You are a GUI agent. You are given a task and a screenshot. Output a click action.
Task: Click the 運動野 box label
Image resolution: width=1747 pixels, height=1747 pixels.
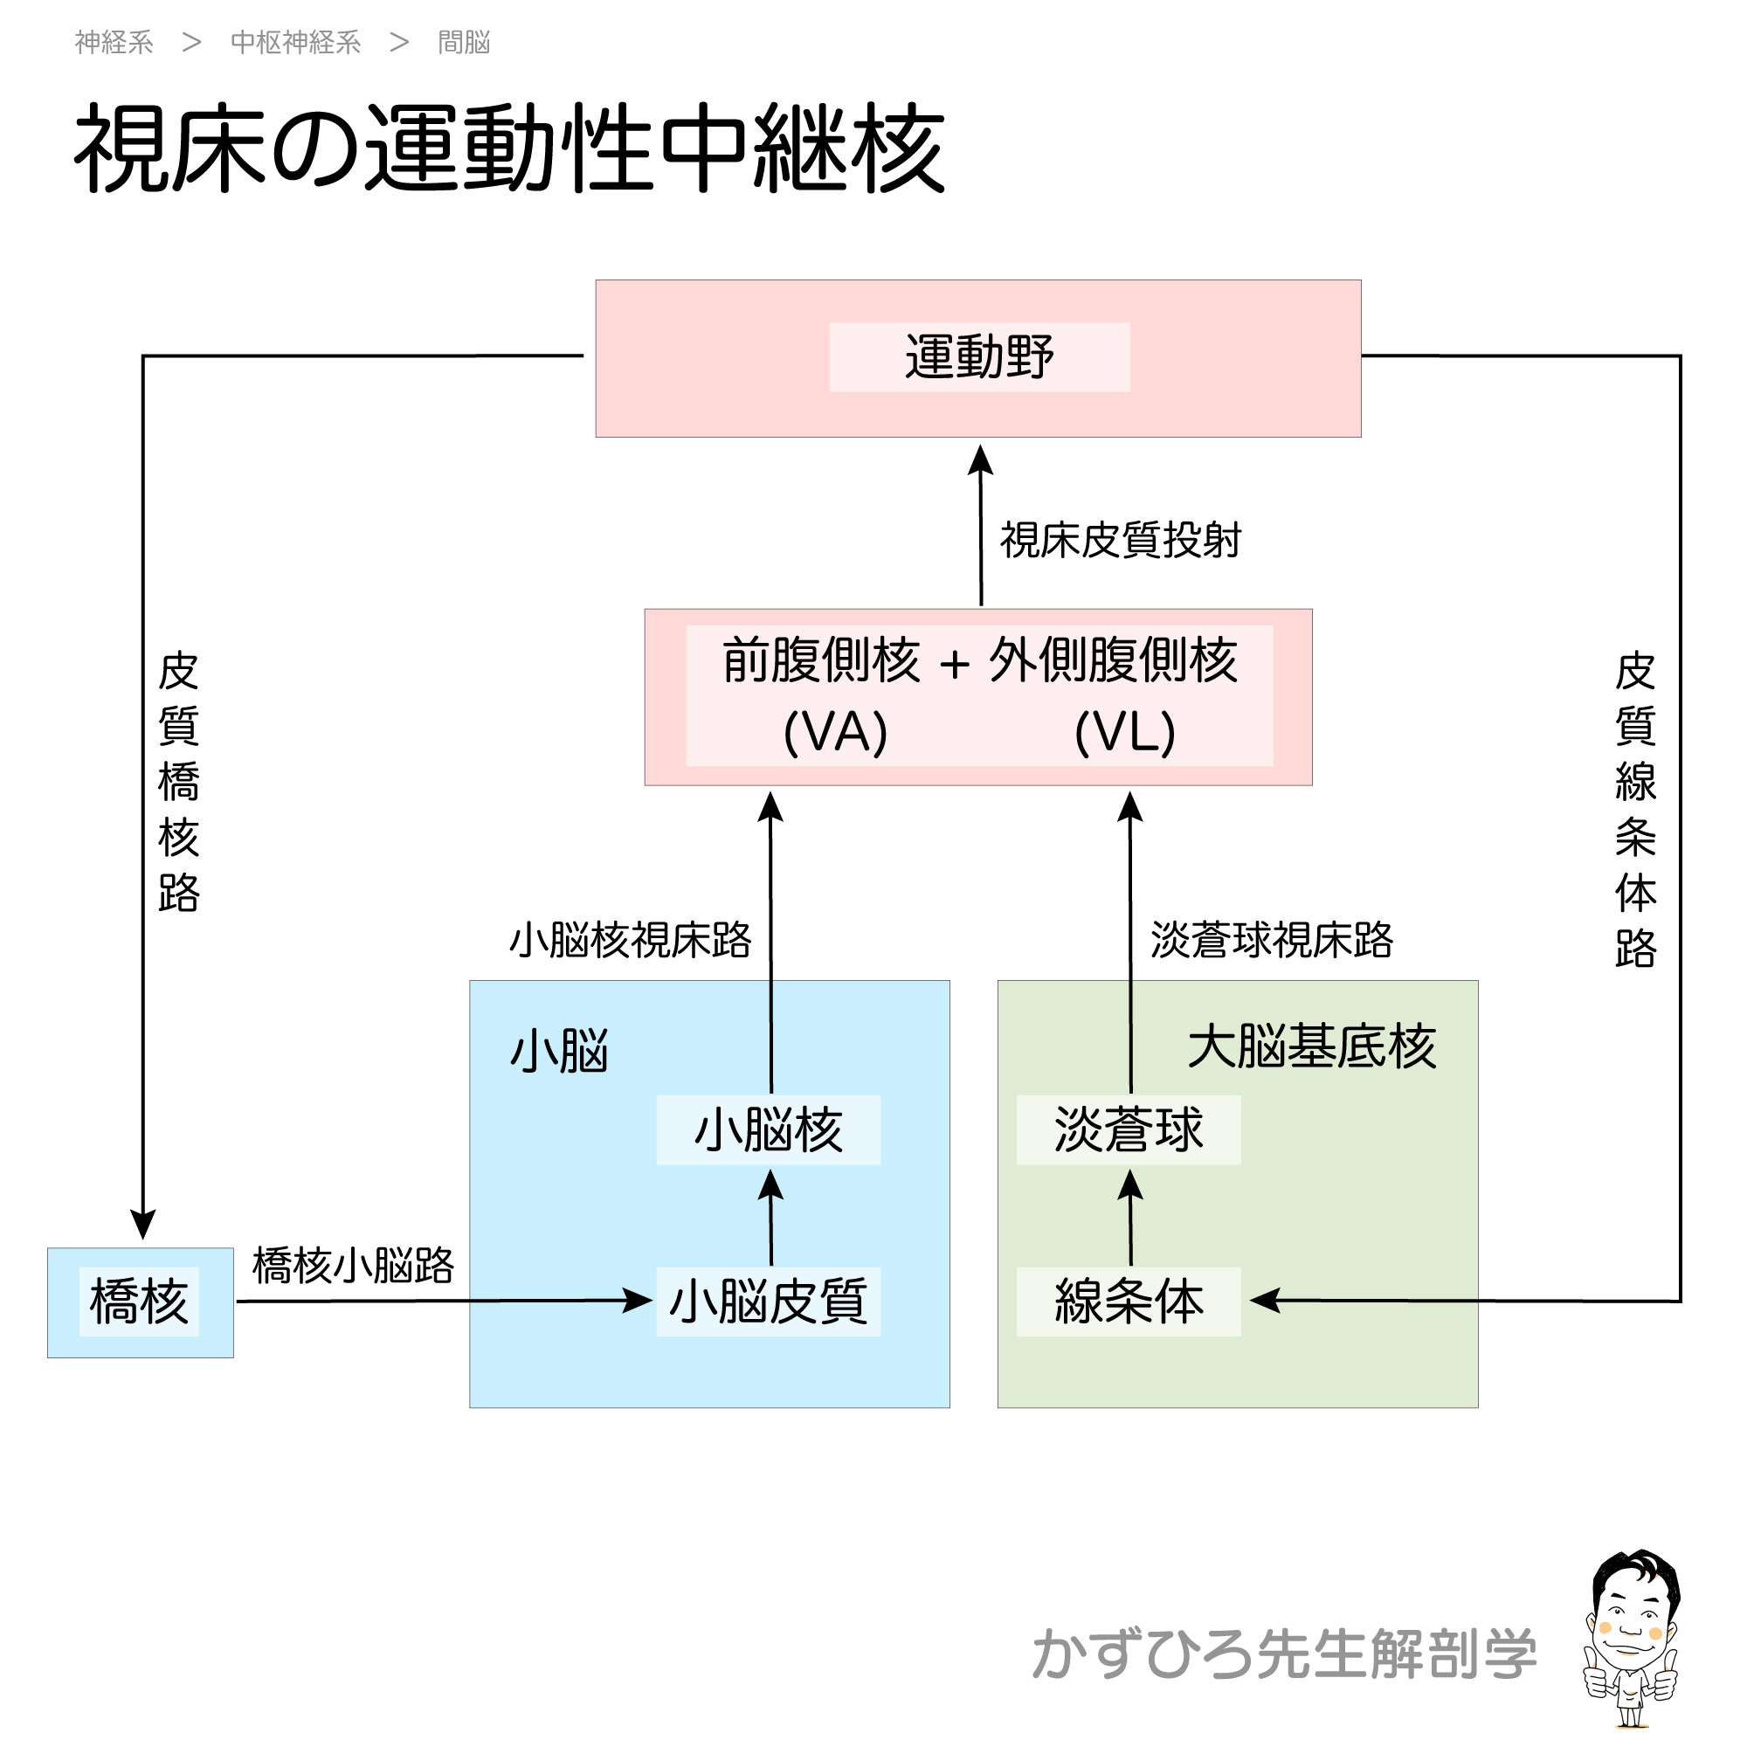[x=979, y=357]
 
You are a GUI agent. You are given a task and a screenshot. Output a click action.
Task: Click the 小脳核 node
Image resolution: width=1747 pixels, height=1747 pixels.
[x=769, y=1130]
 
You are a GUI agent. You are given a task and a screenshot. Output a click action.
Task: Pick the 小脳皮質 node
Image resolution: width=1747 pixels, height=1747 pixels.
[x=769, y=1302]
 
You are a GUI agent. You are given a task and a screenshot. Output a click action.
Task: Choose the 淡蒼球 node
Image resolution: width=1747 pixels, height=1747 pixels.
[x=1129, y=1130]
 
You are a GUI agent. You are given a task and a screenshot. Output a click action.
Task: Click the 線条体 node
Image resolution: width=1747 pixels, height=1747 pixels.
[x=1129, y=1302]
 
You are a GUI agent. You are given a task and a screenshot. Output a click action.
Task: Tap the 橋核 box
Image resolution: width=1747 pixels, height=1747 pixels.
[x=139, y=1302]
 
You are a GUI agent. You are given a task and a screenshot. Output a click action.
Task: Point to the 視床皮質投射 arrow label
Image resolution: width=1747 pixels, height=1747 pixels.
[x=1121, y=541]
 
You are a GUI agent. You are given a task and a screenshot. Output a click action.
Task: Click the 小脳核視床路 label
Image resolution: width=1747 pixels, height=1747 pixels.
[x=631, y=941]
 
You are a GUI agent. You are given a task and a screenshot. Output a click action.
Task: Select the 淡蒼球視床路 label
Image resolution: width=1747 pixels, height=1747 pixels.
[x=1271, y=941]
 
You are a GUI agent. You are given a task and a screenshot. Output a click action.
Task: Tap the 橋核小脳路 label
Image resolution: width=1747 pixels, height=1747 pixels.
[x=353, y=1266]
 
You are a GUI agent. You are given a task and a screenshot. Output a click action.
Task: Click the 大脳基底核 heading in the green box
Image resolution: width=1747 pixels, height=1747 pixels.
[x=1311, y=1047]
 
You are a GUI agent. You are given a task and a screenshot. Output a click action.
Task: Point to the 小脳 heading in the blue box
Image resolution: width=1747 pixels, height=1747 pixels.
[x=560, y=1052]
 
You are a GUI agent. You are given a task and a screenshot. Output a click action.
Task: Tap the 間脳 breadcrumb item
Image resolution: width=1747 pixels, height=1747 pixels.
[x=464, y=43]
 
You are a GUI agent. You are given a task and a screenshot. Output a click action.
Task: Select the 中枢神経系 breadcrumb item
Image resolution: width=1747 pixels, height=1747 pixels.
[x=296, y=43]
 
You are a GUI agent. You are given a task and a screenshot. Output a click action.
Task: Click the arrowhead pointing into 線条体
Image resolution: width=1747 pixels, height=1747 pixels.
[x=1264, y=1301]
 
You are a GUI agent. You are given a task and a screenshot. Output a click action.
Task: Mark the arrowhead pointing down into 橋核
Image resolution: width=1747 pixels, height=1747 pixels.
[x=143, y=1226]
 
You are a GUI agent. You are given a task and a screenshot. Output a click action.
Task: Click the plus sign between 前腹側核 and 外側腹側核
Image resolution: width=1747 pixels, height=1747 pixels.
[x=954, y=666]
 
